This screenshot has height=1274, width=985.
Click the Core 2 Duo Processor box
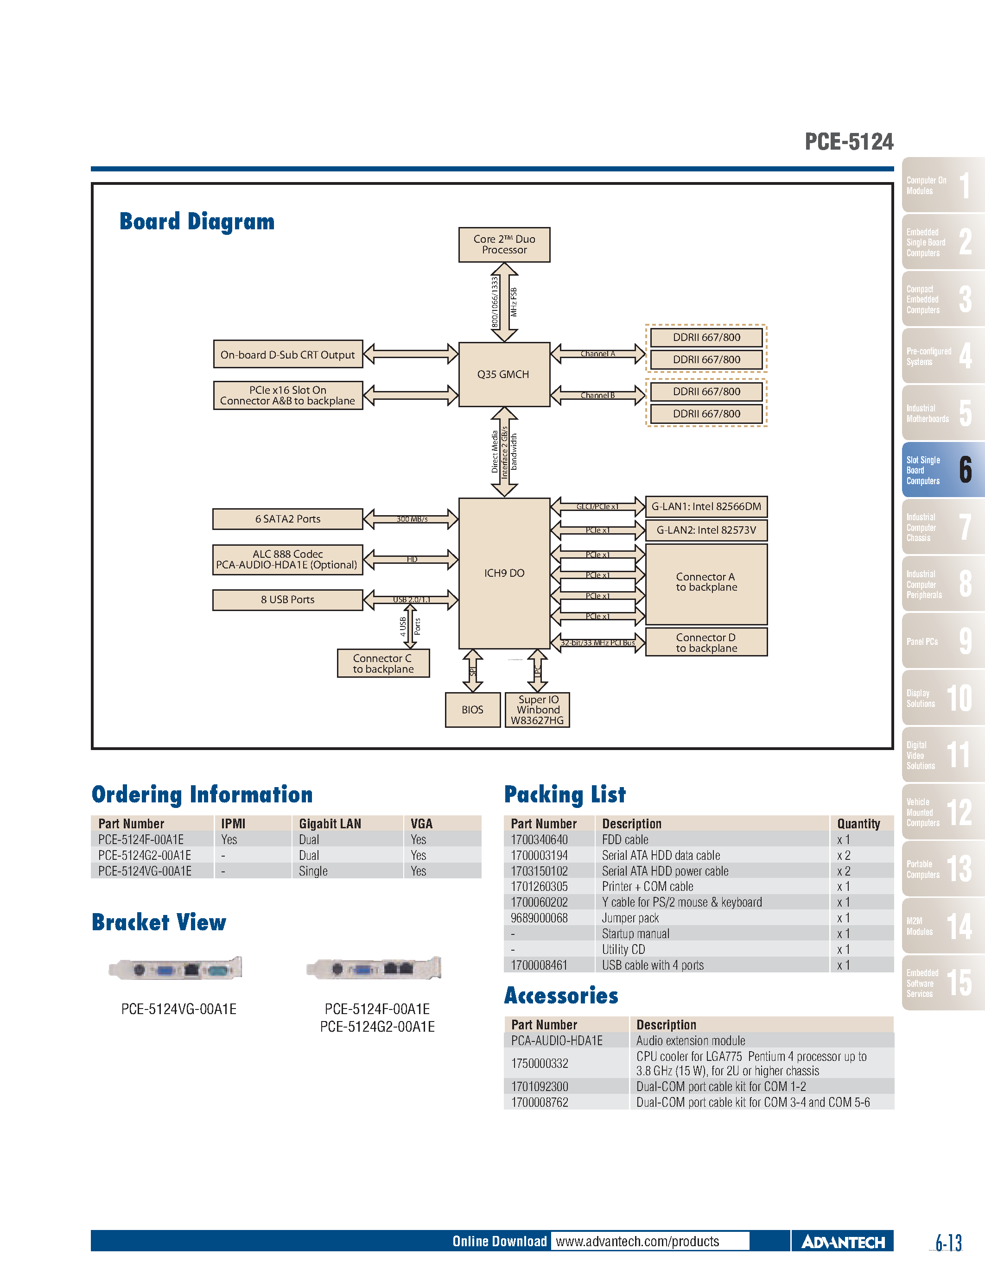coord(504,245)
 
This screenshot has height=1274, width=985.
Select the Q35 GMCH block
coord(503,374)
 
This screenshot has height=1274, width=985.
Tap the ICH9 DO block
coord(504,573)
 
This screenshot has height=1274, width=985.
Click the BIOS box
coord(472,709)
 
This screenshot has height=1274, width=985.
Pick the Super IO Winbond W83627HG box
coord(537,709)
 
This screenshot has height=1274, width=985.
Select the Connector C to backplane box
coord(383,663)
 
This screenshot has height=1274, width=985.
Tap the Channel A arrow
coord(597,354)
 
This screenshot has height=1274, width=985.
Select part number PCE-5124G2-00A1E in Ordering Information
coord(144,855)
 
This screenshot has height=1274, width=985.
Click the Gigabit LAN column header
coord(330,824)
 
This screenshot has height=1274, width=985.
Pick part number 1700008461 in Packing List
coord(539,965)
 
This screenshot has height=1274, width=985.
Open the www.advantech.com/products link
coord(637,1241)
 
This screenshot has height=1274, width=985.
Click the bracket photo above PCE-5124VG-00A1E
coord(176,969)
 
